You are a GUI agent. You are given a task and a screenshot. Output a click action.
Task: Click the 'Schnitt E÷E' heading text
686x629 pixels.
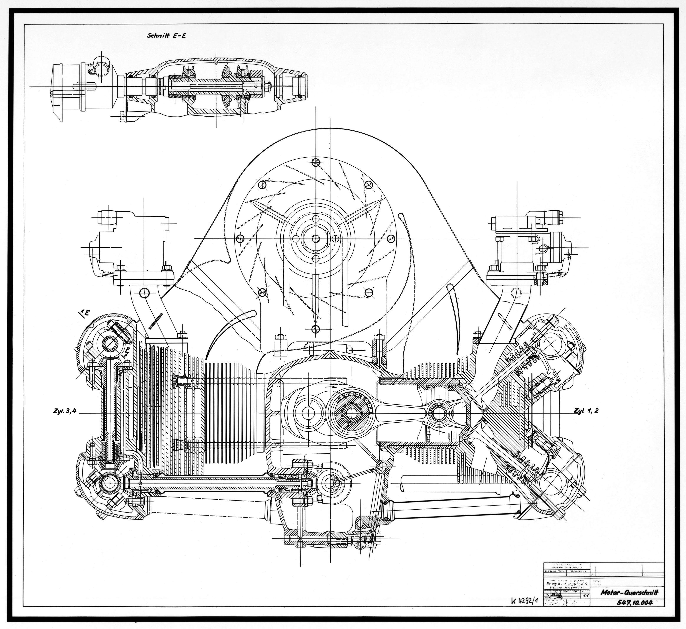pos(166,35)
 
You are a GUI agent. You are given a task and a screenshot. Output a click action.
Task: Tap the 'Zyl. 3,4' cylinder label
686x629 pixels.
pos(64,411)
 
